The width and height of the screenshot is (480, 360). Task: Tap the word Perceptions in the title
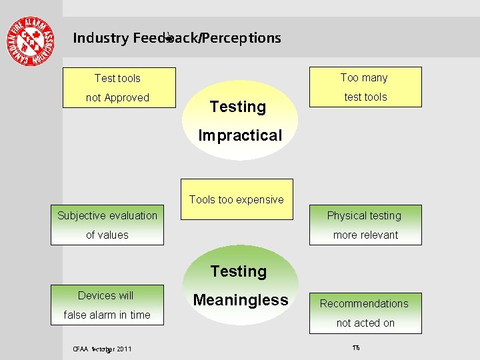241,38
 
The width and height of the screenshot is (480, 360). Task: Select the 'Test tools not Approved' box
118,87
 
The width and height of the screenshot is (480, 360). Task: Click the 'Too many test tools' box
365,87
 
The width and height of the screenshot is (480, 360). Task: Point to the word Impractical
240,135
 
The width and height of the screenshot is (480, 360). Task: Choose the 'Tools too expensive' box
237,199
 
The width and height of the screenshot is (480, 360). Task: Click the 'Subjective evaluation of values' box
107,225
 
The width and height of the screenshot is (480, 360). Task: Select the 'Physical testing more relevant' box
365,225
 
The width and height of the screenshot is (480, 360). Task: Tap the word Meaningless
241,301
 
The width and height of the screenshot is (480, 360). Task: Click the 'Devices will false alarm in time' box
107,305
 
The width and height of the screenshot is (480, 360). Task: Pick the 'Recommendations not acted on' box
365,313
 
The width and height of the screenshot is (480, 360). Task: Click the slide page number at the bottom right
355,348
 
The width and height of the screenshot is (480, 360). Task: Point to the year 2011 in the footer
123,349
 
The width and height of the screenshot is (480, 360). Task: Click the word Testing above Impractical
237,107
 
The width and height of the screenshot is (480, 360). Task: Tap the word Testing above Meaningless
238,271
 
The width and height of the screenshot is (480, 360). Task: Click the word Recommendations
364,303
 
